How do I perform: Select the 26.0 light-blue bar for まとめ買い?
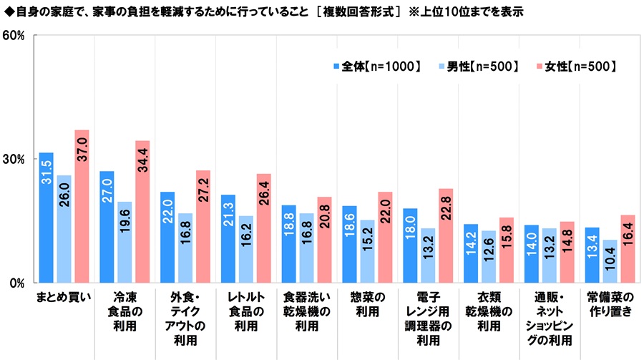(64, 229)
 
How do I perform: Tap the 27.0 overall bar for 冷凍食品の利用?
(107, 227)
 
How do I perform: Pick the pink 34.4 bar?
(142, 212)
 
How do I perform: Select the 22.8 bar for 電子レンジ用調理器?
(446, 235)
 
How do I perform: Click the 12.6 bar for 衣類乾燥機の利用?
(488, 256)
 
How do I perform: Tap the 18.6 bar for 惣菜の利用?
(349, 244)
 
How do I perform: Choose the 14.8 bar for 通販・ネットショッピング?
(567, 252)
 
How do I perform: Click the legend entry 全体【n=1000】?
(376, 67)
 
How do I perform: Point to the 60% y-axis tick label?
(16, 35)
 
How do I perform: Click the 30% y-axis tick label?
(16, 159)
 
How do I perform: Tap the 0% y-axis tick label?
(19, 283)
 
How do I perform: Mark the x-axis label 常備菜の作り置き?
(610, 304)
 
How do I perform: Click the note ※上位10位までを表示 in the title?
(467, 12)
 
